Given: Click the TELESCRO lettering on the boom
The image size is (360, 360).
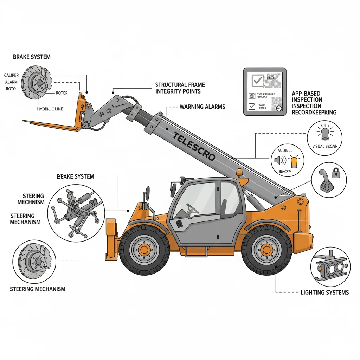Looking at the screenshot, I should tap(194, 146).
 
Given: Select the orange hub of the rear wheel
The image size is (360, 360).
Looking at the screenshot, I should tap(266, 250).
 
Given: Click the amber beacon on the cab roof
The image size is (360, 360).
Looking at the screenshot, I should tap(239, 172).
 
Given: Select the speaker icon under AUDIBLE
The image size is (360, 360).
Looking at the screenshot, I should tap(278, 161).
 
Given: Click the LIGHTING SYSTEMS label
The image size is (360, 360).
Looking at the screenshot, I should tap(324, 292).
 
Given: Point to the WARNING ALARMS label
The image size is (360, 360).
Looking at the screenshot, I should tap(202, 106).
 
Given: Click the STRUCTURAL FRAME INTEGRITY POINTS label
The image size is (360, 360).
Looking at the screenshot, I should tap(180, 88).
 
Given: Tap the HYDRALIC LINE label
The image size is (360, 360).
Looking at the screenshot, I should tap(50, 109).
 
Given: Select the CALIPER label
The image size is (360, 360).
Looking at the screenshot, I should tap(12, 75).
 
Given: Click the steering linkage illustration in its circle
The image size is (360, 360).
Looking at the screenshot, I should tap(75, 212).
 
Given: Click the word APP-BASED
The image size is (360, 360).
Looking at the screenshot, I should tap(306, 94).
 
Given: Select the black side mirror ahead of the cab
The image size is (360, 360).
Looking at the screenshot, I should tap(147, 193).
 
